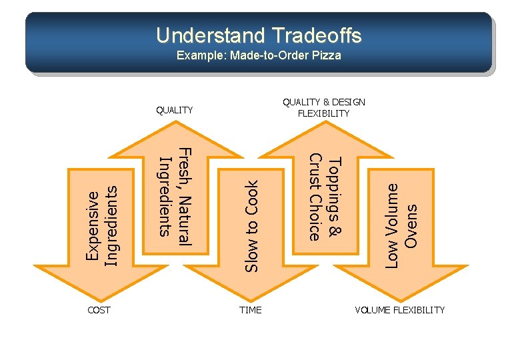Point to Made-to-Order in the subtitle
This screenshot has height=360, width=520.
pos(270,55)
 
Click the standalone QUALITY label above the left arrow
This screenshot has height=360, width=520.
pos(174,110)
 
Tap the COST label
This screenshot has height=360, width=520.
pos(99,310)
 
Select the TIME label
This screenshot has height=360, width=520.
pos(251,310)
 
